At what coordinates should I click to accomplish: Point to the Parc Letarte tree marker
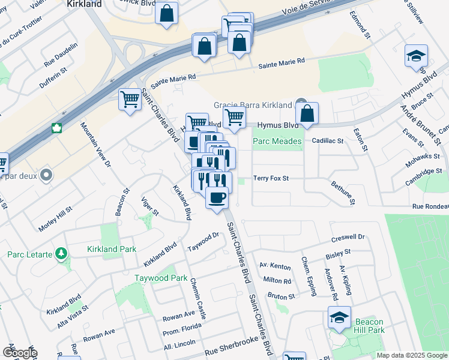pos(61,254)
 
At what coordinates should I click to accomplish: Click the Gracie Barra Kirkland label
pos(252,105)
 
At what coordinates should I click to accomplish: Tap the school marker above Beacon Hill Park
pos(339,318)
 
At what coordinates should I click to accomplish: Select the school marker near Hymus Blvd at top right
pos(416,56)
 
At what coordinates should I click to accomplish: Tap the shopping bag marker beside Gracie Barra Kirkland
pos(307,113)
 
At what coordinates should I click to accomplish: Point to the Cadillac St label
pos(327,141)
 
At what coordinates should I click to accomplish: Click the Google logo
pos(20,353)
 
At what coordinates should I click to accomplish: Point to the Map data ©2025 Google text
pos(412,355)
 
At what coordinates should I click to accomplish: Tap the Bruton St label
pos(281,296)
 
